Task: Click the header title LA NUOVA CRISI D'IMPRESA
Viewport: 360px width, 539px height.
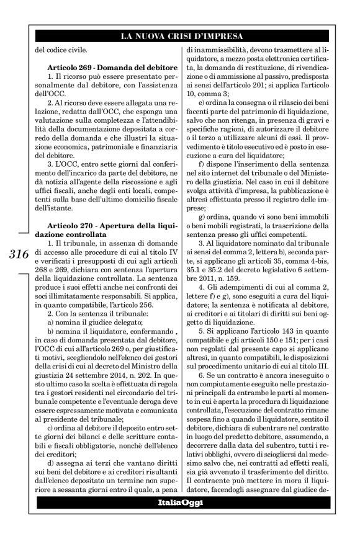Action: pos(180,37)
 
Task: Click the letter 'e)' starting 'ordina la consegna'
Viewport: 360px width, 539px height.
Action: pos(202,100)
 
